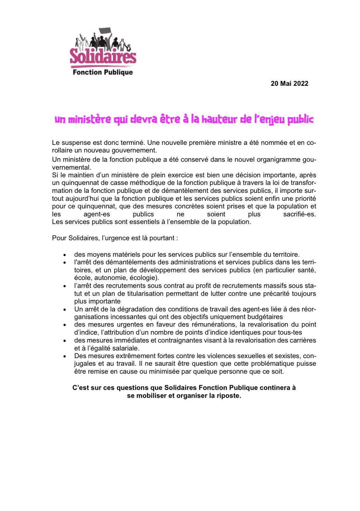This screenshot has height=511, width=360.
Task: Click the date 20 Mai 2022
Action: tap(289, 84)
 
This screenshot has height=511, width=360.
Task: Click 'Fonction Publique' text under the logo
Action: tap(103, 72)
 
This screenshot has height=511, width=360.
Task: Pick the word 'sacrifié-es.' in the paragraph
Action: tap(299, 214)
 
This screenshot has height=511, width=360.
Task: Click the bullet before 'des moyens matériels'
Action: tap(65, 255)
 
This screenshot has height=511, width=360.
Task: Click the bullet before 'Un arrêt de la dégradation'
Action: tap(65, 310)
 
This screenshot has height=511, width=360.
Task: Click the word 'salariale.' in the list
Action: tap(126, 348)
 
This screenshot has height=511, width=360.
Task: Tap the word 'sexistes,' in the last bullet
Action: tap(288, 356)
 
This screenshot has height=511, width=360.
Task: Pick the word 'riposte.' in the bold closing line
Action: tap(229, 396)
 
